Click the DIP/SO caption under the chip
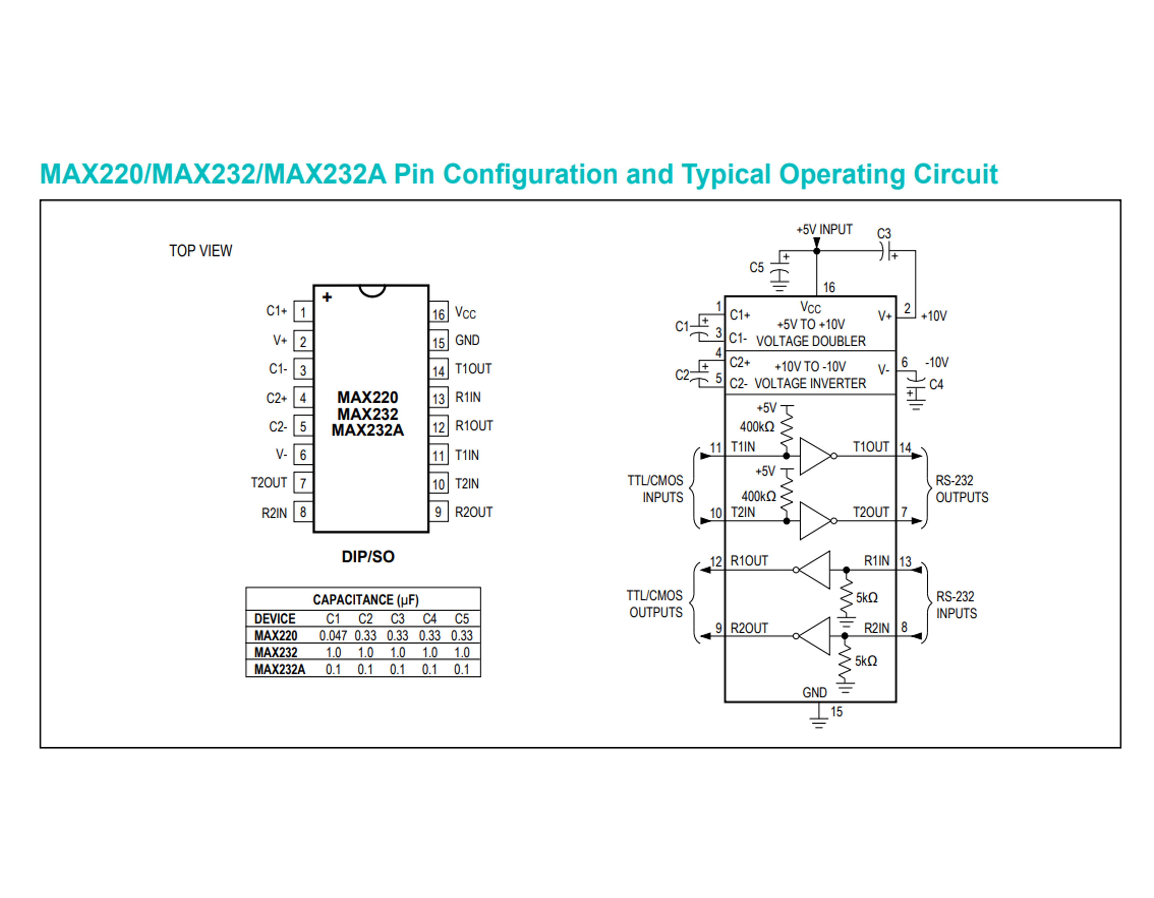[368, 556]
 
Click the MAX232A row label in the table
[280, 669]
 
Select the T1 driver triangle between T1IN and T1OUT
[815, 456]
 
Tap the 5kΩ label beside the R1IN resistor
[867, 598]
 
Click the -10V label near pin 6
[936, 362]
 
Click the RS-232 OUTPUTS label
[961, 489]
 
